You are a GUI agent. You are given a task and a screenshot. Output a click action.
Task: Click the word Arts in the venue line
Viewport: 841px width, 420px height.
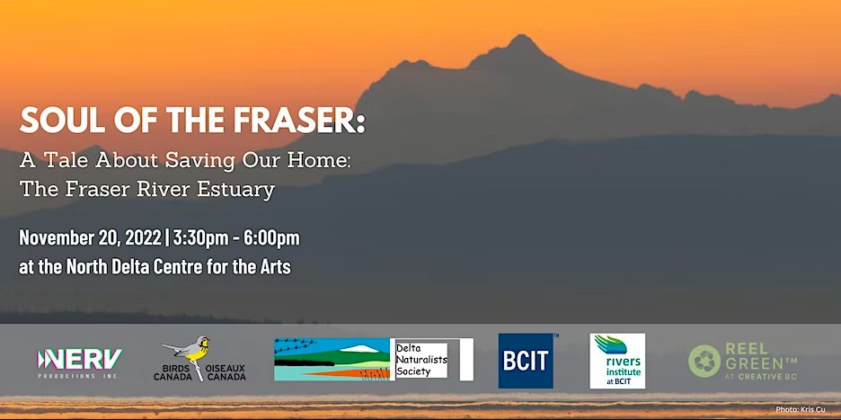pyautogui.click(x=272, y=267)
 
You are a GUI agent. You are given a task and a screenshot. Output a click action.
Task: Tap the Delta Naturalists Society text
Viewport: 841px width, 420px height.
pyautogui.click(x=421, y=360)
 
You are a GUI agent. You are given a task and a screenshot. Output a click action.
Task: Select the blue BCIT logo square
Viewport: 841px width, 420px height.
pyautogui.click(x=526, y=361)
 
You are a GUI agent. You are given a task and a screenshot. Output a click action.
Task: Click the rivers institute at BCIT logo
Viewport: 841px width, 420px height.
pyautogui.click(x=617, y=361)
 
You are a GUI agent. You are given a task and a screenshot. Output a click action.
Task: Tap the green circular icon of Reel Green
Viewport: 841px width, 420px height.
pyautogui.click(x=704, y=362)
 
